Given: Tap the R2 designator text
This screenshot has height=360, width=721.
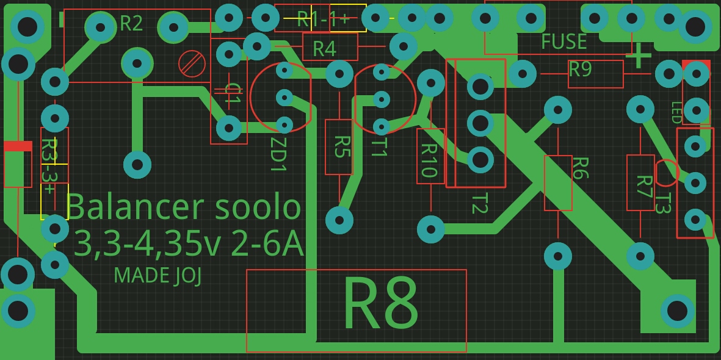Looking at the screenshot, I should pyautogui.click(x=131, y=24).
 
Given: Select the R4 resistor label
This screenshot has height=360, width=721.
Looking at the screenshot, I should pyautogui.click(x=324, y=48).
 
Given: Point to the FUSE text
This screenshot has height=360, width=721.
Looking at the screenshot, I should pyautogui.click(x=563, y=42).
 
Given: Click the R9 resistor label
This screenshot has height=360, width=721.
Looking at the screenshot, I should pyautogui.click(x=580, y=70).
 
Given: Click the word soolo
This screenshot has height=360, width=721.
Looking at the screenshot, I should pyautogui.click(x=258, y=208).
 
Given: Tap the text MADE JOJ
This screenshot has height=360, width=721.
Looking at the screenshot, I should pyautogui.click(x=158, y=276).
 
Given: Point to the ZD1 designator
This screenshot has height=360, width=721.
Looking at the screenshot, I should pyautogui.click(x=278, y=154).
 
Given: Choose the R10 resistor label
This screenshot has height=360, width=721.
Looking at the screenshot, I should pyautogui.click(x=430, y=159).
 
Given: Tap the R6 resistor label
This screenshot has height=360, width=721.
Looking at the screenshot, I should pyautogui.click(x=580, y=168).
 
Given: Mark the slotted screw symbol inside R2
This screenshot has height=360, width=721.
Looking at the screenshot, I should pyautogui.click(x=192, y=63).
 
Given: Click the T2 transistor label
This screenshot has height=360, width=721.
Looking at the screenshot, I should pyautogui.click(x=479, y=203).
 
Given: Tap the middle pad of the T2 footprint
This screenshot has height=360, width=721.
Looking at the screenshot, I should pyautogui.click(x=480, y=123).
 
